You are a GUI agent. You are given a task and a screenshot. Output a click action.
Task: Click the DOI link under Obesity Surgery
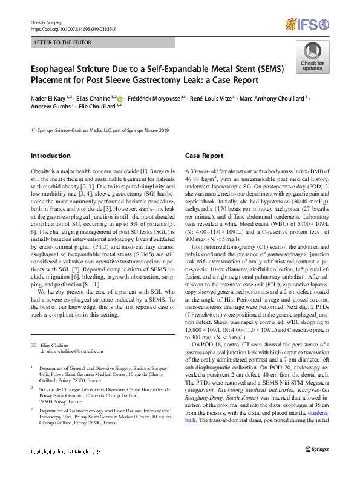tap(73, 28)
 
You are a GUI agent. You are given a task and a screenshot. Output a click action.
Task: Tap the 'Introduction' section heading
tap(51, 156)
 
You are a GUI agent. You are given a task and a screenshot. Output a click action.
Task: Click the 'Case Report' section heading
tap(204, 156)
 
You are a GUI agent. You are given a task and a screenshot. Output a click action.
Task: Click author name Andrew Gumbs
tap(50, 107)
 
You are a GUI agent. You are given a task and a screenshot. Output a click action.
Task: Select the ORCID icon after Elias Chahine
tap(120, 99)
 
